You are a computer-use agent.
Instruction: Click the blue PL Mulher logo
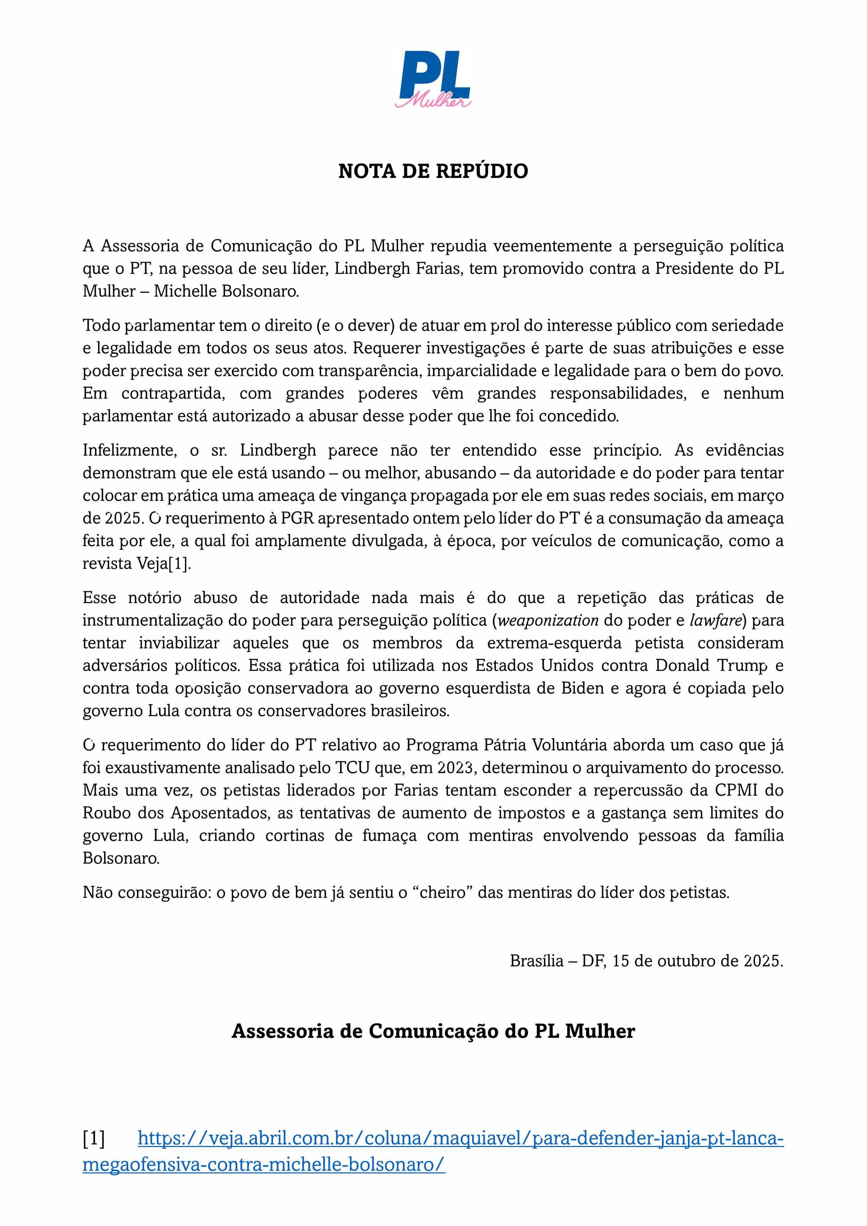(433, 79)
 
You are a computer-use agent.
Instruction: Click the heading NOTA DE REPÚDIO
(433, 171)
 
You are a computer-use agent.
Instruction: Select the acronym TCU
(352, 768)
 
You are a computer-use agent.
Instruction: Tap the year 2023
(455, 768)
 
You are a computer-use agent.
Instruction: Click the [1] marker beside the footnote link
(94, 1139)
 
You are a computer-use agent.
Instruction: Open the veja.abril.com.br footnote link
(460, 1139)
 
